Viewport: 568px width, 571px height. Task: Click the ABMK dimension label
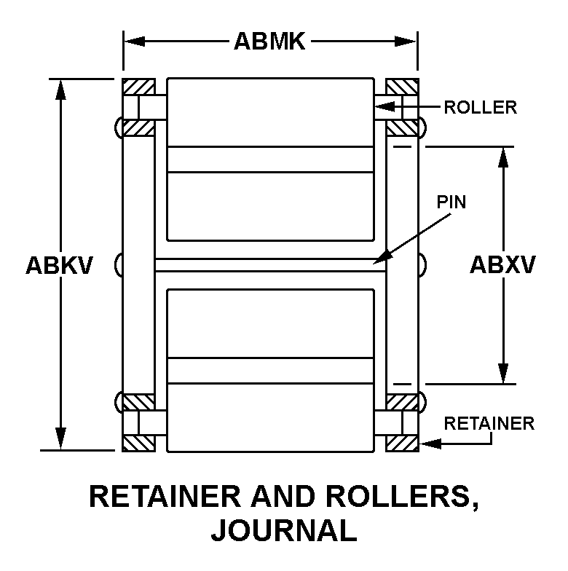tap(269, 42)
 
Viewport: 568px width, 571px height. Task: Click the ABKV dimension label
tap(59, 265)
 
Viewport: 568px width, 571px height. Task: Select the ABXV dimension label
tap(502, 265)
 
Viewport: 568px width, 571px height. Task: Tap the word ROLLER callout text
tap(481, 108)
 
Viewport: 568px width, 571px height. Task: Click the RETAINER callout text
tap(489, 423)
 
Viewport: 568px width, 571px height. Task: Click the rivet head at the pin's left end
tap(118, 264)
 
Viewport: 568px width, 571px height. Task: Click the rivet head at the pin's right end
tap(422, 264)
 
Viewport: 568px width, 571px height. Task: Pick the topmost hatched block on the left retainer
tap(138, 87)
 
